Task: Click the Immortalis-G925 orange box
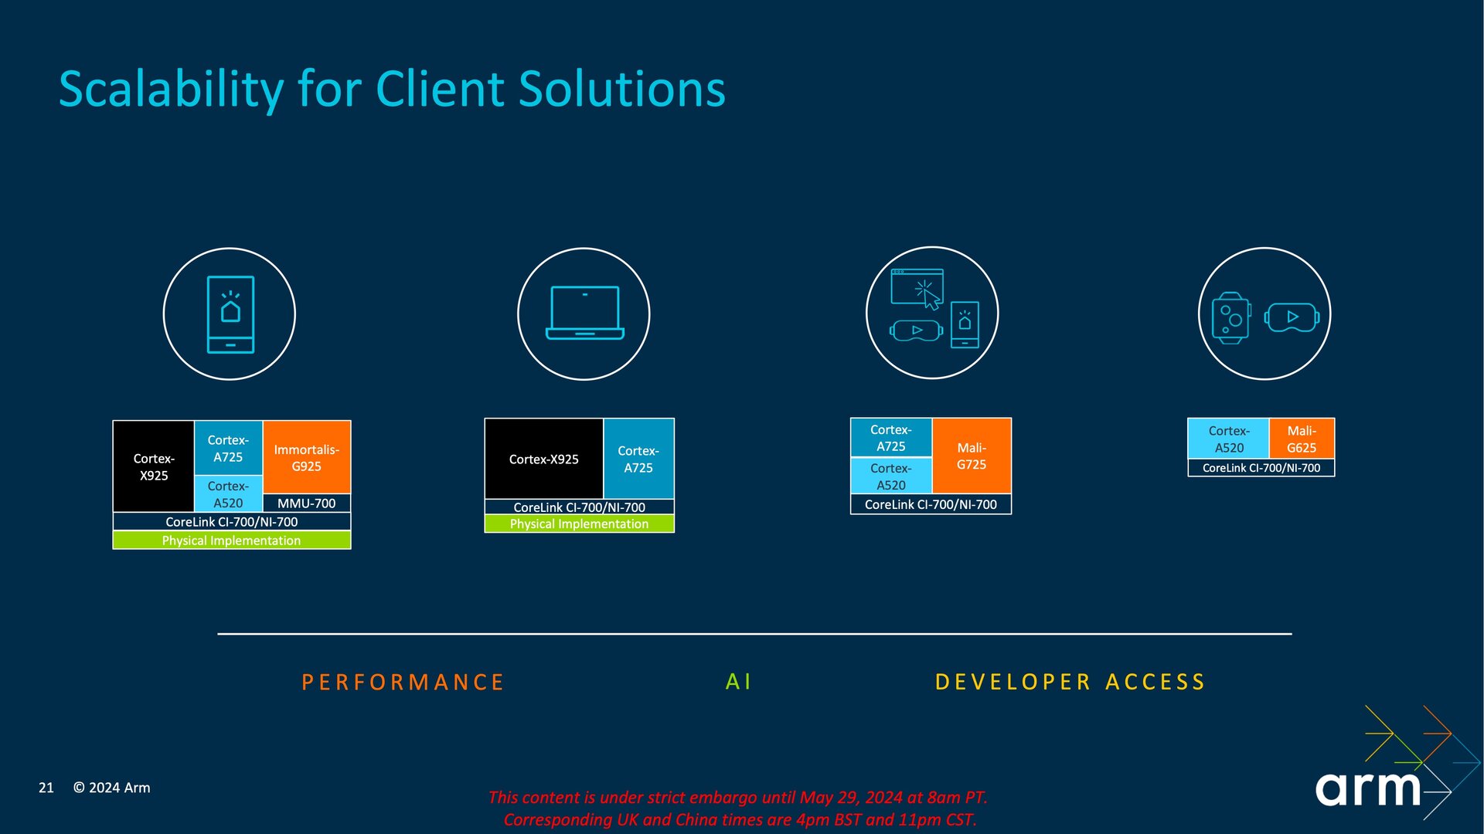(307, 457)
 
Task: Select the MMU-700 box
(307, 503)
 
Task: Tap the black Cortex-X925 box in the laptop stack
(544, 459)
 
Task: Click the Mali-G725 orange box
(972, 456)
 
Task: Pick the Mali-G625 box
(1302, 439)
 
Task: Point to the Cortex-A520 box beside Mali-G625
(1229, 439)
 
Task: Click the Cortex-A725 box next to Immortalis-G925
(228, 448)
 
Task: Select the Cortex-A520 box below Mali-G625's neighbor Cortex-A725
(891, 476)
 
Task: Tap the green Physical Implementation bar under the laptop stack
(580, 524)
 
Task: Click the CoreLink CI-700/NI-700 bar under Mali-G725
(931, 504)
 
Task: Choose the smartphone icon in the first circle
(230, 314)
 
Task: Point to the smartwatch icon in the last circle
(1231, 317)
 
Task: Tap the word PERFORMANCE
(403, 682)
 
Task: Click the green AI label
(738, 681)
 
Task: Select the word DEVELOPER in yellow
(1013, 682)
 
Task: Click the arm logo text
(1368, 788)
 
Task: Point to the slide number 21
(46, 788)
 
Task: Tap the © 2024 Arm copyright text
(112, 788)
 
